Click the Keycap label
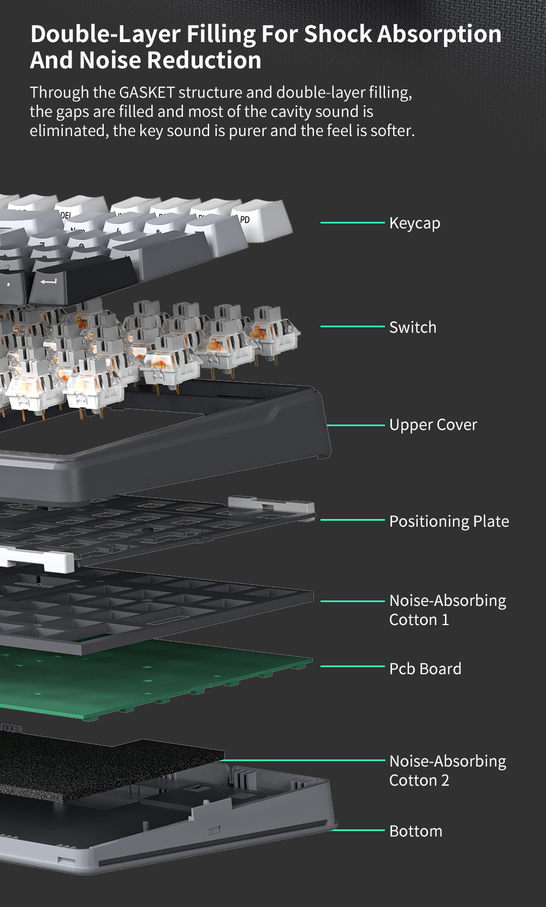coord(414,223)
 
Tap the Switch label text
coord(412,327)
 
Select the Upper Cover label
coord(432,425)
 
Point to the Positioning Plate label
coord(449,521)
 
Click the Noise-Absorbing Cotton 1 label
coord(447,610)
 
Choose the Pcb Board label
coord(425,669)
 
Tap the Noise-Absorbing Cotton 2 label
coord(447,770)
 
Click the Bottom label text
coord(416,831)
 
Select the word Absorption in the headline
coord(440,34)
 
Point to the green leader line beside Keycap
coord(352,222)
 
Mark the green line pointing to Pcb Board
coord(352,666)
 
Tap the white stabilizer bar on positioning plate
coord(38,559)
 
